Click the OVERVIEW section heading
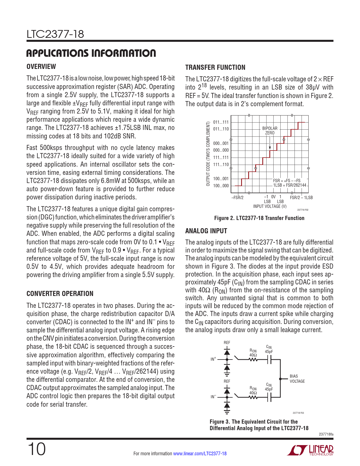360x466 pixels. pos(41,67)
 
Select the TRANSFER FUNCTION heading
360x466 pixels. pos(215,67)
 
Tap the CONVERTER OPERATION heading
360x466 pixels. pos(60,294)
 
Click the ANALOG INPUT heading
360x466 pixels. pos(206,231)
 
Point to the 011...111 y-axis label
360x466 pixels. pos(221,122)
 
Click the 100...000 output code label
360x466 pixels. pos(221,186)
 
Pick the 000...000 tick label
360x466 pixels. pos(221,151)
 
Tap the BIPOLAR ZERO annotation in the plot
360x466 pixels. pos(270,130)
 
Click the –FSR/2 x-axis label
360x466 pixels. pos(237,198)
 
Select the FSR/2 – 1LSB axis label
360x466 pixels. pos(301,198)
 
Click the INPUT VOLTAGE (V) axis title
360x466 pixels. pos(270,206)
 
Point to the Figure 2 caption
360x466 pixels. pos(259,218)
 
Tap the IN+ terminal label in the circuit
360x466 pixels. pos(213,359)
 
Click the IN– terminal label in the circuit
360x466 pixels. pos(213,397)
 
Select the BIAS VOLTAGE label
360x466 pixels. pos(297,379)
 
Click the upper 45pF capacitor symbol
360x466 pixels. pos(269,360)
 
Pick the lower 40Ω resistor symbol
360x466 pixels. pos(253,397)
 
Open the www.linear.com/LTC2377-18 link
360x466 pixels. pos(200,454)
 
